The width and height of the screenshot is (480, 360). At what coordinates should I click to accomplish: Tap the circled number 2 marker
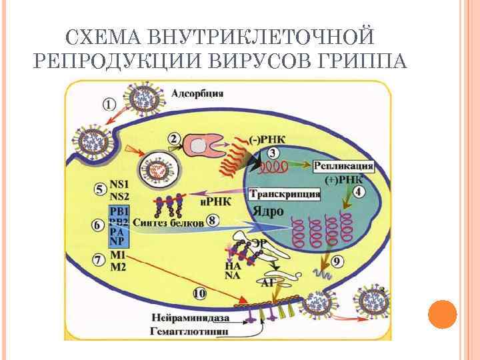175,139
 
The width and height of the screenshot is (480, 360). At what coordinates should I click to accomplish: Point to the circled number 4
359,193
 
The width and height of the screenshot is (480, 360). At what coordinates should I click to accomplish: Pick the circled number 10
199,292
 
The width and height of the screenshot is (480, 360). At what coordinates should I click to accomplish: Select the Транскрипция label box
285,194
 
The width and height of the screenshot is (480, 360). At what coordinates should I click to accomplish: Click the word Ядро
268,211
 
